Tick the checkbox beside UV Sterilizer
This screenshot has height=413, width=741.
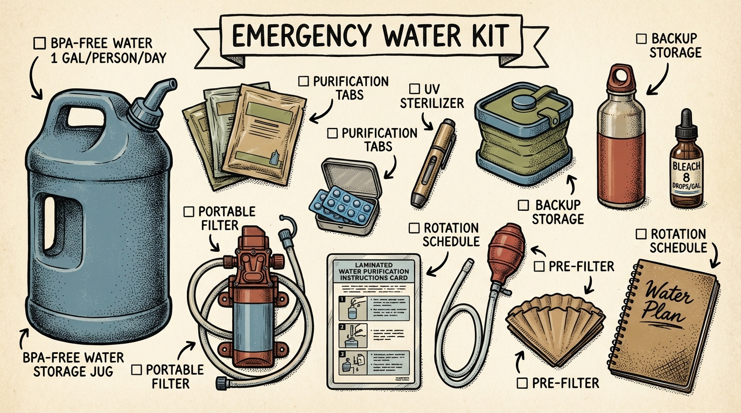(414, 88)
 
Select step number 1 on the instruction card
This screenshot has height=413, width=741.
(343, 300)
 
